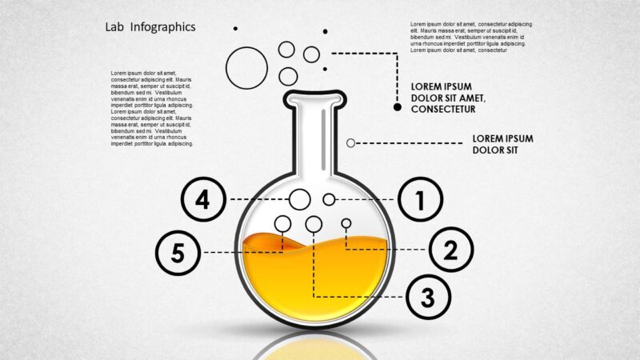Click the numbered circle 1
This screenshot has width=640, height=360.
click(x=420, y=199)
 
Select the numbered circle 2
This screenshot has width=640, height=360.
click(x=450, y=250)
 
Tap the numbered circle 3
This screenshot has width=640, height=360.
click(x=428, y=297)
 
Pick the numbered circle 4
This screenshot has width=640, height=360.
click(x=202, y=198)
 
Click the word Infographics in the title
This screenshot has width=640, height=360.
click(x=165, y=26)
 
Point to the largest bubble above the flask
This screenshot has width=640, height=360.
click(x=246, y=67)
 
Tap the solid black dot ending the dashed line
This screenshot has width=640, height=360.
click(x=398, y=106)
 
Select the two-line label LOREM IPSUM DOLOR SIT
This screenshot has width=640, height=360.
click(x=502, y=144)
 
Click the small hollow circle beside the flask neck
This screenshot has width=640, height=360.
click(x=350, y=142)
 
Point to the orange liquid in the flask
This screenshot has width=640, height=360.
click(x=312, y=280)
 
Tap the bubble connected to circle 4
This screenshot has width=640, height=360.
click(x=300, y=199)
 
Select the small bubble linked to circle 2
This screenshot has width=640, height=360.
click(x=346, y=223)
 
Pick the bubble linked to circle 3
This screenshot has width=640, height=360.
click(x=314, y=224)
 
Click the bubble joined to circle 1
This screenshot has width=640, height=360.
click(x=329, y=199)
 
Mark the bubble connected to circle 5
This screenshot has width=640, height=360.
click(x=283, y=222)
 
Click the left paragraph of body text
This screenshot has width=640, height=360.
click(x=152, y=108)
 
